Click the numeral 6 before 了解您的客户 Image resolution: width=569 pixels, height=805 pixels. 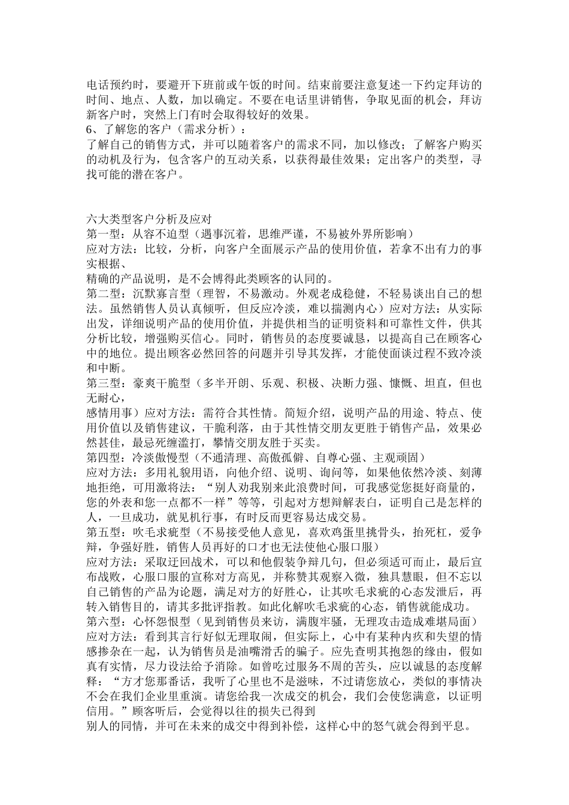(x=90, y=129)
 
